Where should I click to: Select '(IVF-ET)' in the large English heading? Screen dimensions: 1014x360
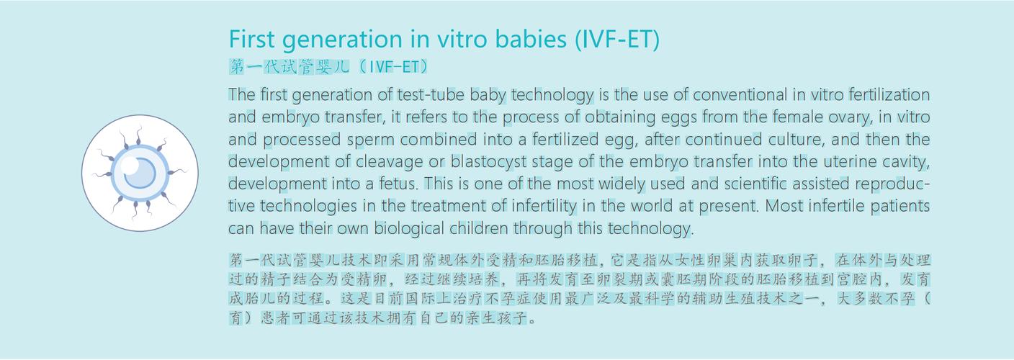click(617, 40)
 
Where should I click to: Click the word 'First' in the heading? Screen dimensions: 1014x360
click(251, 39)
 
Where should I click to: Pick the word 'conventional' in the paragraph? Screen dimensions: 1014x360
click(740, 94)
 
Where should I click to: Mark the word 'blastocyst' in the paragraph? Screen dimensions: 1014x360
click(488, 162)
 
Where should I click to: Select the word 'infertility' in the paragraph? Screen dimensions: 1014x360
click(544, 206)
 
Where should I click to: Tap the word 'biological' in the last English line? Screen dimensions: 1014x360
click(409, 228)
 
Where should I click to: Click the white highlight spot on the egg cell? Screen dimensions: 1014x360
click(130, 166)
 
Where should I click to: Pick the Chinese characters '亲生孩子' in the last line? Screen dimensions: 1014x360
click(495, 318)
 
